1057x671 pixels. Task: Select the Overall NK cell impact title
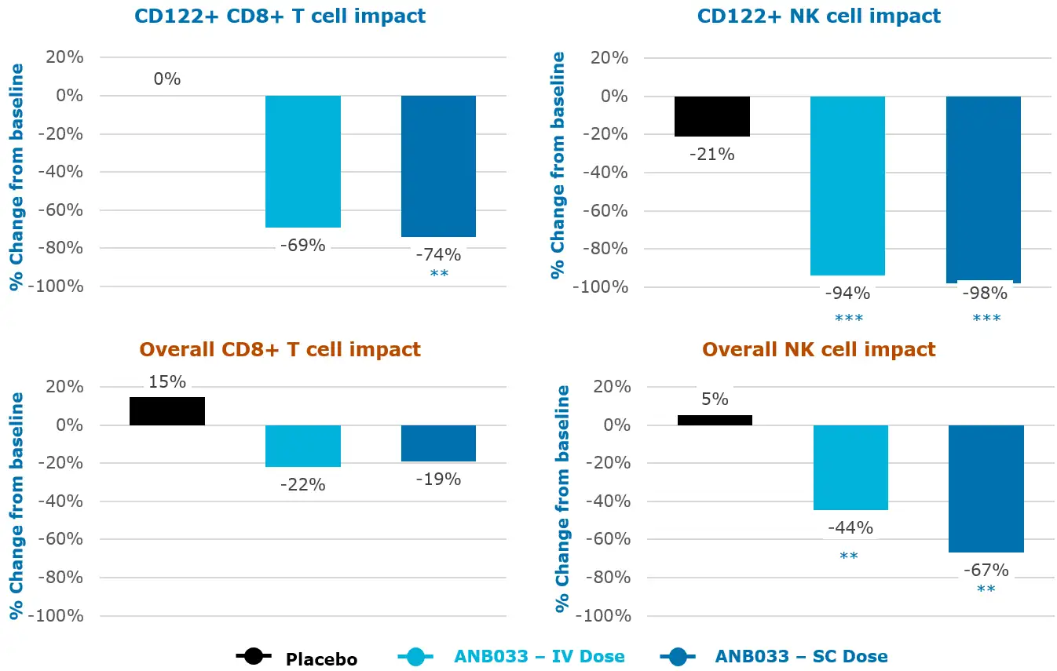819,349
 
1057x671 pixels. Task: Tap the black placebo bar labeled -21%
712,116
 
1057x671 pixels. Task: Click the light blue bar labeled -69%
302,162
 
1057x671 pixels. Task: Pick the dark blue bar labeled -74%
438,166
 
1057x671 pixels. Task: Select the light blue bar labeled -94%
847,185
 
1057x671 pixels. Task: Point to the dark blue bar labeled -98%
983,189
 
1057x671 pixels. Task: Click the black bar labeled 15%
167,411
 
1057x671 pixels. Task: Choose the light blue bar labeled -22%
302,446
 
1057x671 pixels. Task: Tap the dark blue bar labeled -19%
438,443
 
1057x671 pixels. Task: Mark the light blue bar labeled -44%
850,468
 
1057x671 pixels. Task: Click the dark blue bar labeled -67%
986,489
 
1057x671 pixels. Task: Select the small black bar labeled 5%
715,420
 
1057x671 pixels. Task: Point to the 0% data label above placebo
167,79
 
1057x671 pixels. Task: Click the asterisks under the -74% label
439,274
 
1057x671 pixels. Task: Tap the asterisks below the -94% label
847,319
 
